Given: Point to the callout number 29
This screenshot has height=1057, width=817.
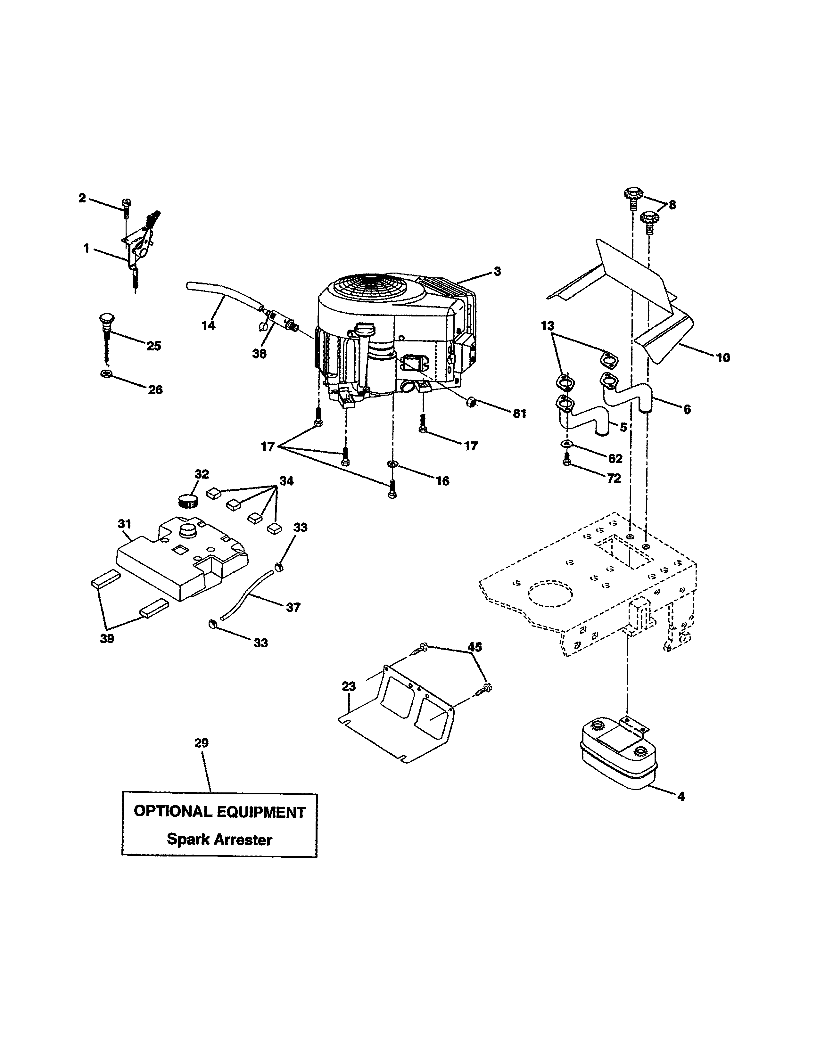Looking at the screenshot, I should pyautogui.click(x=201, y=743).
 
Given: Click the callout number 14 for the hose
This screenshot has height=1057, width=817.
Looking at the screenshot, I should pyautogui.click(x=208, y=326).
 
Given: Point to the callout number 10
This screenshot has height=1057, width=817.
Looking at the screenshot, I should pyautogui.click(x=722, y=358).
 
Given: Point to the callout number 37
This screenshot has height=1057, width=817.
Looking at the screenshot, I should pyautogui.click(x=293, y=607).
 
